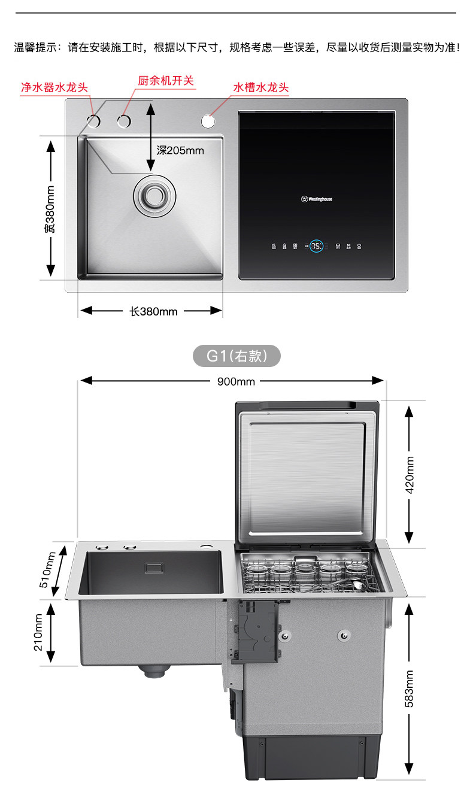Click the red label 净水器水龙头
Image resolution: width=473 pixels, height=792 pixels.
click(x=54, y=87)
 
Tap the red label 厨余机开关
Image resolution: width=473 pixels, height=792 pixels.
click(x=166, y=80)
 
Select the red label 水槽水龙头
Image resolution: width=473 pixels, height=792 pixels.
click(x=260, y=87)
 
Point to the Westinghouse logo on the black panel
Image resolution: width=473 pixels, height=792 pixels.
click(x=317, y=199)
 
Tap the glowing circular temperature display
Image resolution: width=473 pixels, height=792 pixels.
click(x=317, y=245)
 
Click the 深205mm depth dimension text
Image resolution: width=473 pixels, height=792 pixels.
click(x=180, y=150)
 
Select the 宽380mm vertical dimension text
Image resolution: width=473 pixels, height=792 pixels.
click(x=51, y=209)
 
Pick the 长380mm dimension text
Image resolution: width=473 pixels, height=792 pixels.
click(x=153, y=311)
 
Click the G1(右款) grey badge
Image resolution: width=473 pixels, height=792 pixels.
click(x=236, y=357)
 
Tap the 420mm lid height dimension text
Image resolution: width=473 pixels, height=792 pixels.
click(x=410, y=475)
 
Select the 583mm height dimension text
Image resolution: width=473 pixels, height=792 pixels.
click(x=410, y=688)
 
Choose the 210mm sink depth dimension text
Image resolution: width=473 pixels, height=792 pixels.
click(x=39, y=633)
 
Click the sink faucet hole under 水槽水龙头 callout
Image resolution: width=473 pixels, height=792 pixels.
click(x=208, y=121)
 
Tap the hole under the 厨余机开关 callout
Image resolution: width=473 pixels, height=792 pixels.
click(x=123, y=122)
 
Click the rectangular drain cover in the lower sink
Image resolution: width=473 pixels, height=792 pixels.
click(x=154, y=567)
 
